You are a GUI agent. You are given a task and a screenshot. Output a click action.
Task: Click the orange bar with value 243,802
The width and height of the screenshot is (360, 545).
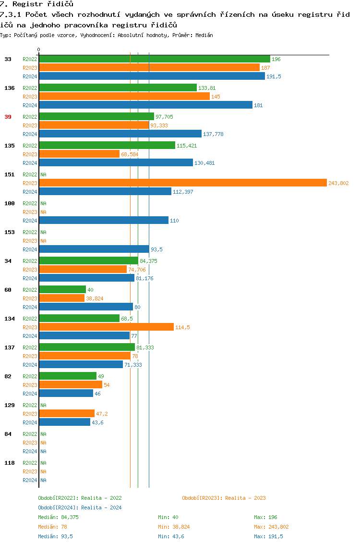(182, 183)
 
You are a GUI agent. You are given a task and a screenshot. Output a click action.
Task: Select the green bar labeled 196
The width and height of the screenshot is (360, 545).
(154, 59)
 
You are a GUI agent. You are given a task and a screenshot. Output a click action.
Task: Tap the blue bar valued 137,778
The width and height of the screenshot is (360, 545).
(120, 134)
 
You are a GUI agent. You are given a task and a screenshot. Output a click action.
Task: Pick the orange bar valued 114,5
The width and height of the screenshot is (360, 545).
(106, 327)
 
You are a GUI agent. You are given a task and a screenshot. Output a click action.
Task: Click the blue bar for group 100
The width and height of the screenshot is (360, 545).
(104, 221)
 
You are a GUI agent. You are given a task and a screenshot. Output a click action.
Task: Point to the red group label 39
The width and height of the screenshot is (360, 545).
(8, 117)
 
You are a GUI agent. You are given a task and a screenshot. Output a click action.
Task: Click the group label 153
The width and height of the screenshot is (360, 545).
(9, 232)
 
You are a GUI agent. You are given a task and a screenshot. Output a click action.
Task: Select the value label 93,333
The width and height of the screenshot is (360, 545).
(160, 125)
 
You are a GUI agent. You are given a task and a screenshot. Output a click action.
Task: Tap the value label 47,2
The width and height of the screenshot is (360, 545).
(103, 414)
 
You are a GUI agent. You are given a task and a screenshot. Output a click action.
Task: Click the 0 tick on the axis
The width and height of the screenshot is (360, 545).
(39, 50)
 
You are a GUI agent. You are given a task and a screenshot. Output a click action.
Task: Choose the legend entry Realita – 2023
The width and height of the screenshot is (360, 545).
(224, 498)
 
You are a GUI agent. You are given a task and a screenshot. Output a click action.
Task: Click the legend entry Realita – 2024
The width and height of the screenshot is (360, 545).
(80, 508)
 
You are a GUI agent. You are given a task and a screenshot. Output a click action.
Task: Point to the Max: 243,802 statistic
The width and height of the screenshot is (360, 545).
(271, 527)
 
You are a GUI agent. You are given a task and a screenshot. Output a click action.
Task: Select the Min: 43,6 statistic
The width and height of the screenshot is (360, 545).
(171, 536)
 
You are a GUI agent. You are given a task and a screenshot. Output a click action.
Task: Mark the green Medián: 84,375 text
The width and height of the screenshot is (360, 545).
(58, 517)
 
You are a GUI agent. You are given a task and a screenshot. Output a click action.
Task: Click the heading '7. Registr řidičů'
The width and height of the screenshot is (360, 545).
(36, 4)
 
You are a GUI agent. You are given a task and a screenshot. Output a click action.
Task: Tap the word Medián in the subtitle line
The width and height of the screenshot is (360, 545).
(204, 35)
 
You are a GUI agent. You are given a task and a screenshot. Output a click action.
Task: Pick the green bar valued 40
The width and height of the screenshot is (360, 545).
(62, 290)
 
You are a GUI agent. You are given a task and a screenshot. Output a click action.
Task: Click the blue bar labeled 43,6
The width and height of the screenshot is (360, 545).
(64, 422)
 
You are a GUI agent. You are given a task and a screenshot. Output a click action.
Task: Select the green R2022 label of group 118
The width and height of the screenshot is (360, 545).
(30, 463)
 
